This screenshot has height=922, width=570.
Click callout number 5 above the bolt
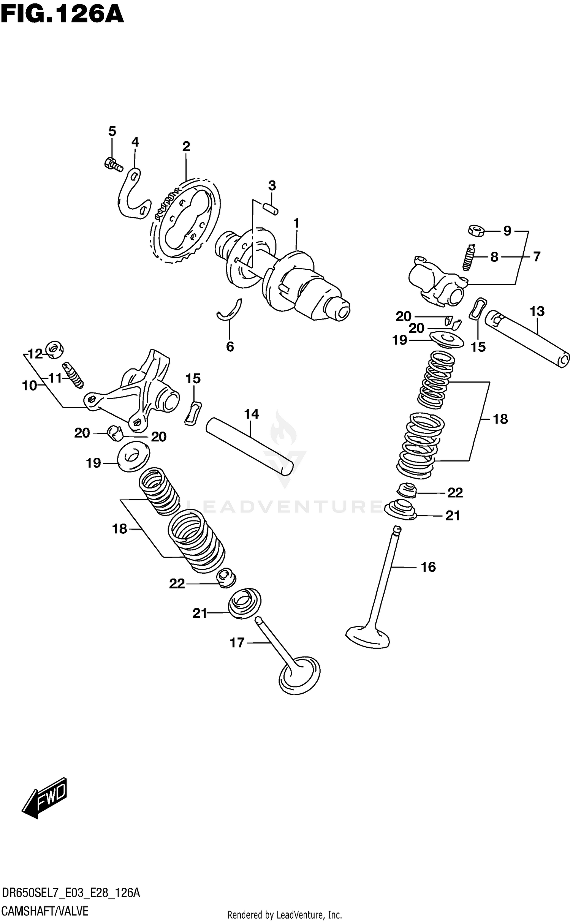[x=112, y=131]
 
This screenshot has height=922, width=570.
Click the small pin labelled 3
[x=271, y=208]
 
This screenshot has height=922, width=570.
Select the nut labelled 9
[x=475, y=230]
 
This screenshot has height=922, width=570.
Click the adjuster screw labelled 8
[x=469, y=257]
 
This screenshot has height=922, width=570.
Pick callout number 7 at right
[x=536, y=257]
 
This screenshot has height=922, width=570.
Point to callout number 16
[x=428, y=567]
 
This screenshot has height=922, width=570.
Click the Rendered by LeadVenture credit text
[x=285, y=915]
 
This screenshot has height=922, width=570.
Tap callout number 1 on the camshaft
[x=296, y=223]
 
